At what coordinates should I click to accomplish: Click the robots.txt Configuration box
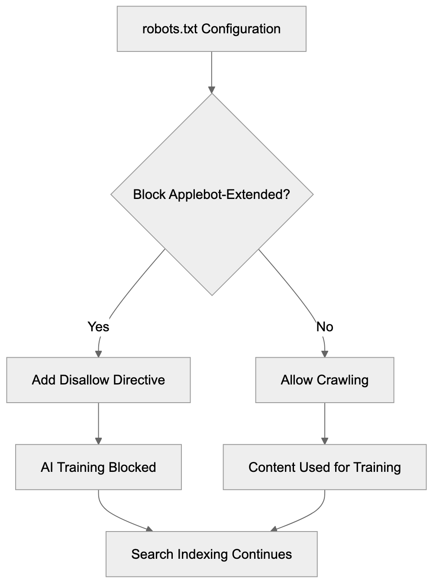coord(211,29)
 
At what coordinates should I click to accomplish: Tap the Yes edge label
coord(98,327)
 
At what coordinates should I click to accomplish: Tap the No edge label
coord(325,327)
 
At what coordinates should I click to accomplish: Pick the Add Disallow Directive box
coord(98,380)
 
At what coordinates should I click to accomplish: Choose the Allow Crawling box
coord(325,380)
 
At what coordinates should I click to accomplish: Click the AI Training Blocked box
coord(98,467)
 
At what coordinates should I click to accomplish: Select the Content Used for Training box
coord(325,467)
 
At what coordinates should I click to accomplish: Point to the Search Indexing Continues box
coord(211,554)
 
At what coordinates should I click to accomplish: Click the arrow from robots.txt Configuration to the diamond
coord(211,71)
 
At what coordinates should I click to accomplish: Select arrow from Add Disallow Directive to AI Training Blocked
coord(98,423)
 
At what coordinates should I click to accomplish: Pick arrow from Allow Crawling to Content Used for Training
coord(325,423)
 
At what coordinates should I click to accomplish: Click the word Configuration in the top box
coord(241,29)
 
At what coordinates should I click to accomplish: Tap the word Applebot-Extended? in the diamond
coord(229,195)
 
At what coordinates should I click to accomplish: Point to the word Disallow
coord(84,380)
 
